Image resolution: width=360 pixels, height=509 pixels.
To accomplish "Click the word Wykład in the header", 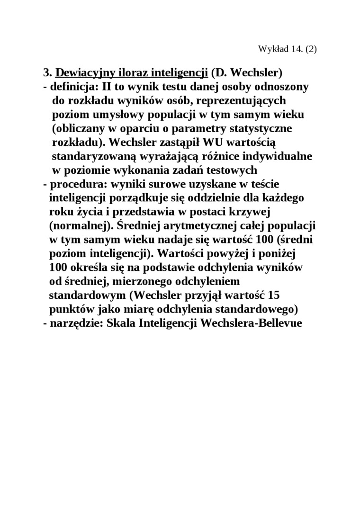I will click(270, 49).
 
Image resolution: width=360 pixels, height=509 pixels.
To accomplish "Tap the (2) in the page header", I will click(310, 49).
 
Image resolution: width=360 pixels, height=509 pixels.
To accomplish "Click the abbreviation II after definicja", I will click(102, 87).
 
